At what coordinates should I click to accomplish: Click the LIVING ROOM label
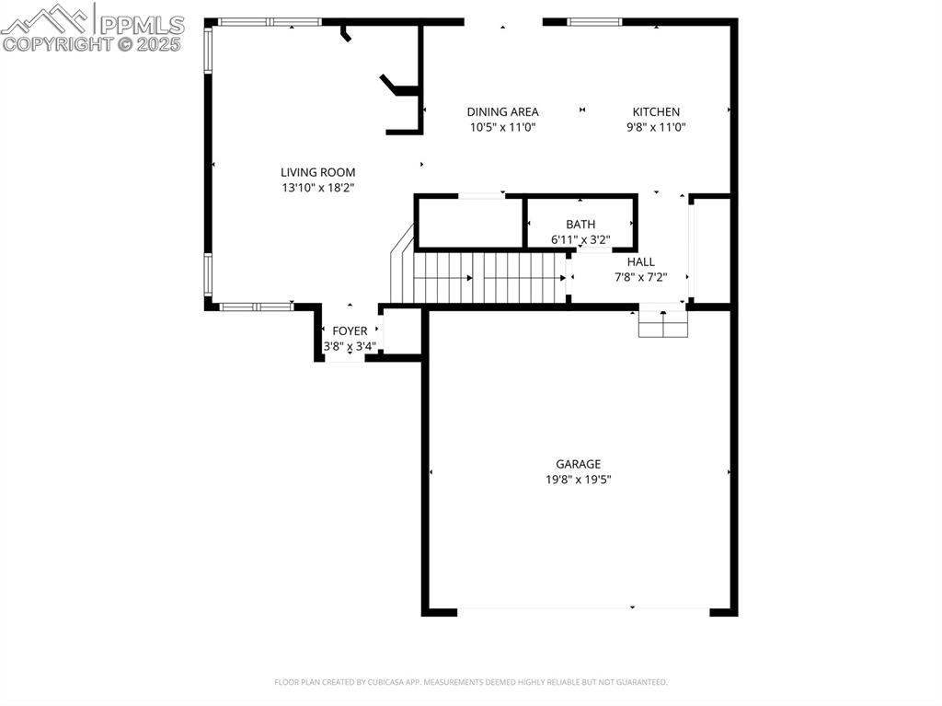point(317,172)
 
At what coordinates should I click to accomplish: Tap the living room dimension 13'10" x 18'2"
point(317,188)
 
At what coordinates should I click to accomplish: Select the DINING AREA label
point(502,112)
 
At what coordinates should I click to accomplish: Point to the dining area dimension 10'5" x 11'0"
point(502,128)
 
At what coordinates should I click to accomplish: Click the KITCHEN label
point(656,112)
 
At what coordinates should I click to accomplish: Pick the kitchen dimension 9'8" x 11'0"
point(656,128)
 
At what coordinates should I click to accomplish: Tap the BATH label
point(580,225)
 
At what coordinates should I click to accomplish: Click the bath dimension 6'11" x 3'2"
point(580,239)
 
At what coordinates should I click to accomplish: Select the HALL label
point(640,261)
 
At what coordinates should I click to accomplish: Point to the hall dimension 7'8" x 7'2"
point(640,276)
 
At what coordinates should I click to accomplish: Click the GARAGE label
point(578,464)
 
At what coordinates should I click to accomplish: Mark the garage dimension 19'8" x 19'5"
point(578,479)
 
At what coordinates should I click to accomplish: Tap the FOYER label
point(350,331)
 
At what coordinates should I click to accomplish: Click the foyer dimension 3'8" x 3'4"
point(350,346)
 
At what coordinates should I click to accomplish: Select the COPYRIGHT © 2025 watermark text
point(92,43)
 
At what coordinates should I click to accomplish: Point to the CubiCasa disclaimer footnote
point(471,682)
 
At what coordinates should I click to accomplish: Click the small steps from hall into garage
point(663,323)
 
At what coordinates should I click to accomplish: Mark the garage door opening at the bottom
point(583,608)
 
